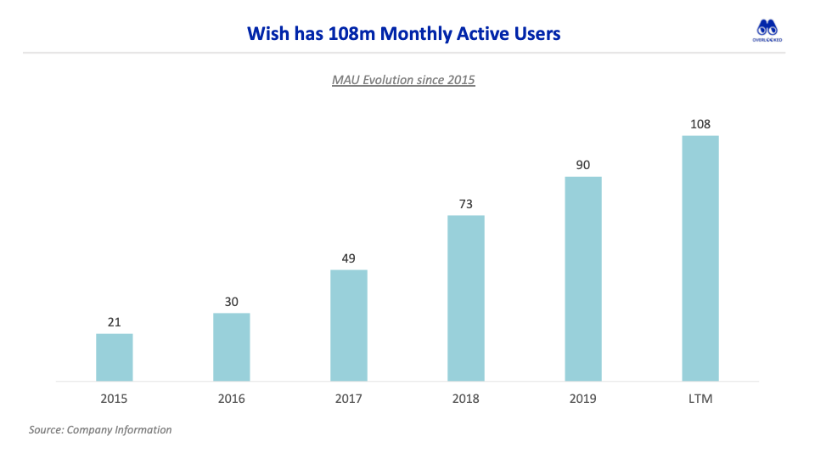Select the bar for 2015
click(x=115, y=357)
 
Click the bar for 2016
click(x=231, y=347)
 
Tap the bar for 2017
click(x=349, y=326)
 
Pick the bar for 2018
click(x=466, y=298)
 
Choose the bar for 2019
click(x=583, y=279)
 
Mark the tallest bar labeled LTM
click(x=700, y=258)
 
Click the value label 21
click(x=115, y=321)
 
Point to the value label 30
click(x=231, y=301)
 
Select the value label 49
click(x=349, y=258)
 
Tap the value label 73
click(x=466, y=203)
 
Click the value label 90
click(x=583, y=164)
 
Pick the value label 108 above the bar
click(x=700, y=123)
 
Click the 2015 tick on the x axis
click(x=115, y=399)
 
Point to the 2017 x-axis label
click(x=349, y=399)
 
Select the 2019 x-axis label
click(x=583, y=399)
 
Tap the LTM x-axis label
click(x=700, y=399)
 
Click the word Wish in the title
click(x=266, y=34)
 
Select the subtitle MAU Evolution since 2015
click(x=403, y=80)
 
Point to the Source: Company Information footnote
click(x=100, y=430)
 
